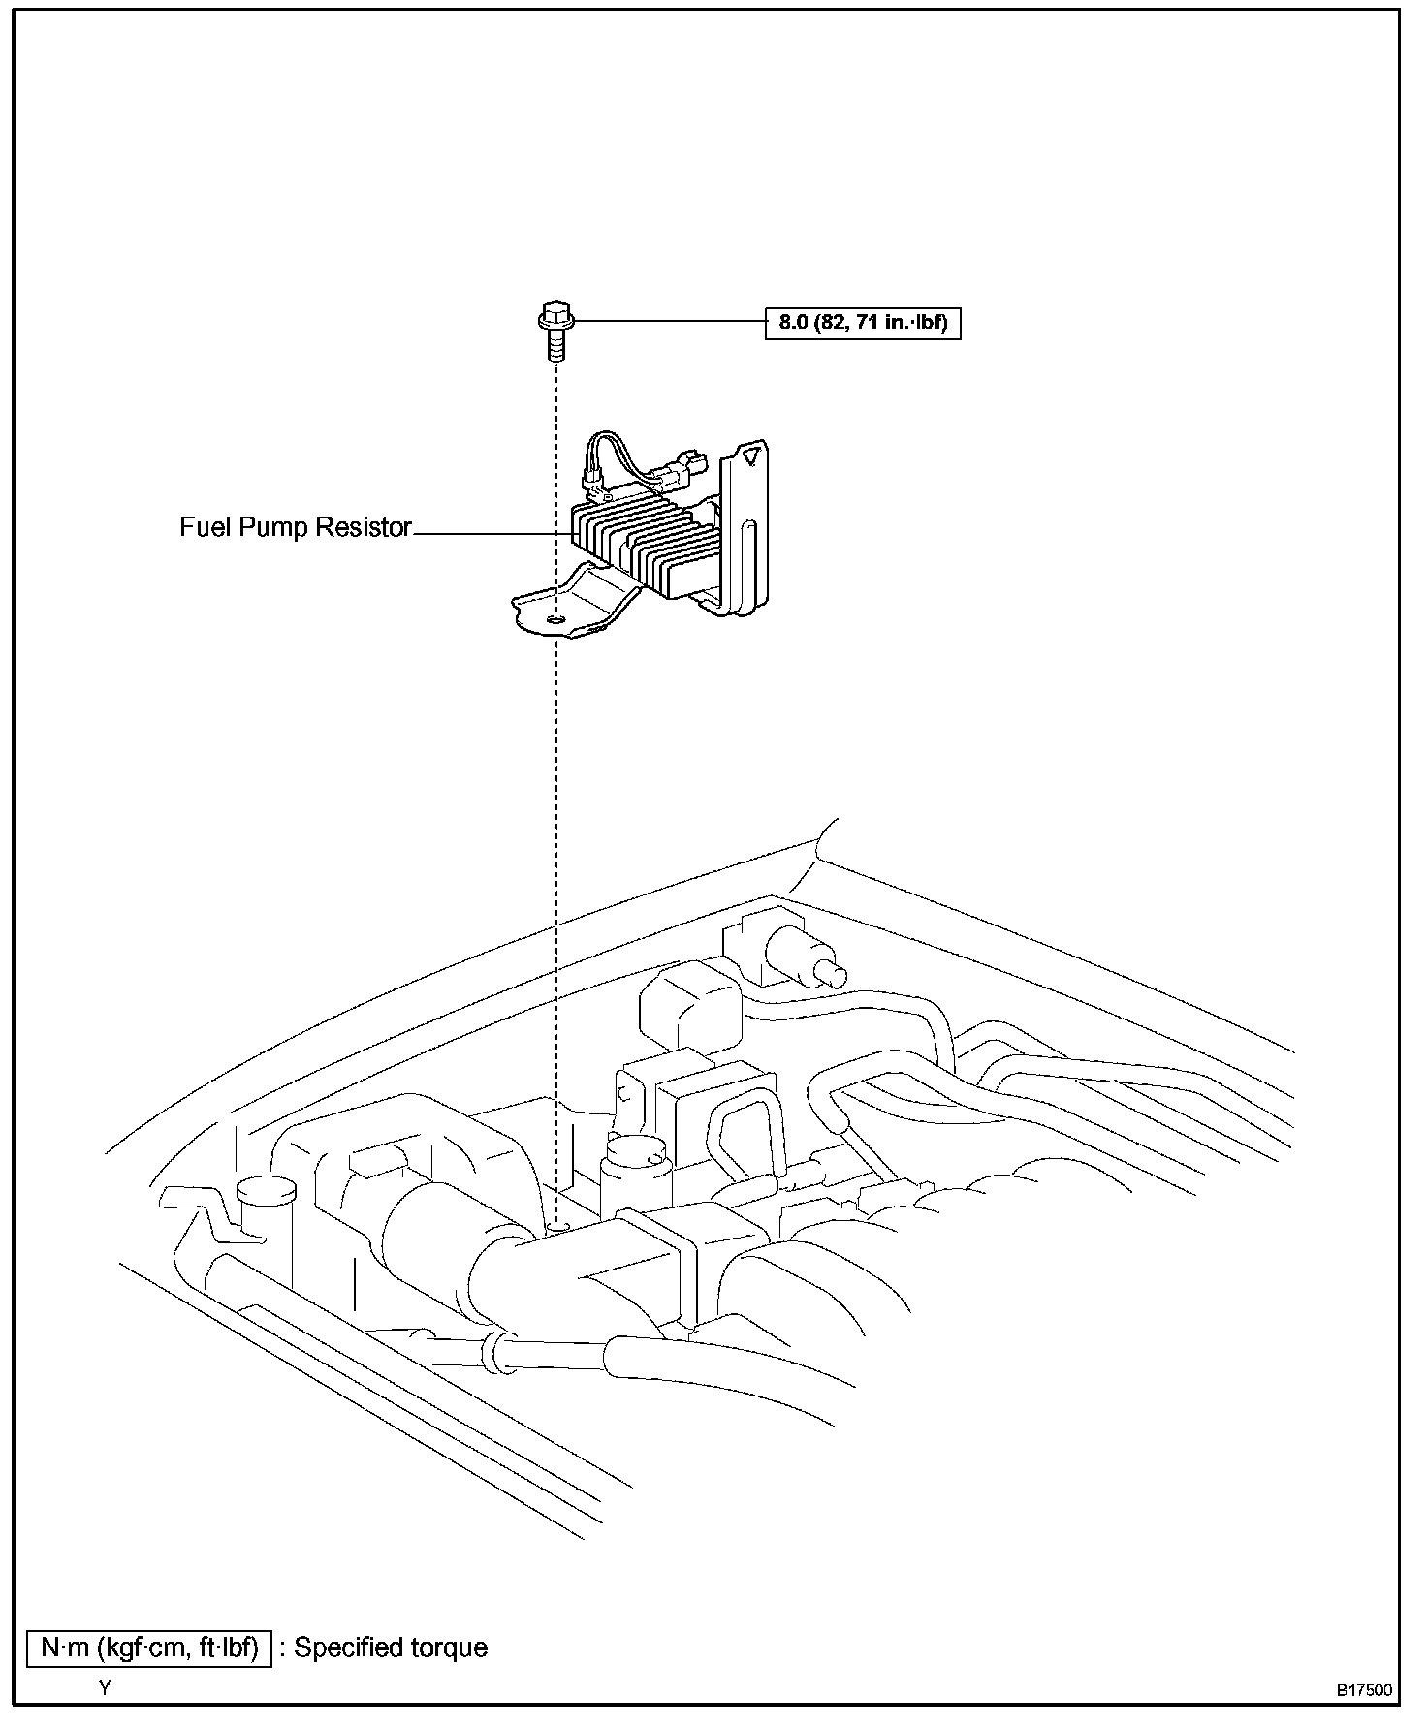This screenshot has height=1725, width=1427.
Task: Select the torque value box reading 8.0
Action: (863, 323)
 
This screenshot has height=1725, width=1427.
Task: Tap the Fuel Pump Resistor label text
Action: (296, 528)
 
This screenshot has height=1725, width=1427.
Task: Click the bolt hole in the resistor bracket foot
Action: (555, 618)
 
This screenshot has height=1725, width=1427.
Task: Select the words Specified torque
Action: (391, 1647)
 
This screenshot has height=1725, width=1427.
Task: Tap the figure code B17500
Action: (1365, 1690)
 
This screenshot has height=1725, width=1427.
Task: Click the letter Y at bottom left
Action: (106, 1687)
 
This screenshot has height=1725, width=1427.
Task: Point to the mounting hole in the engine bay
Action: (557, 1228)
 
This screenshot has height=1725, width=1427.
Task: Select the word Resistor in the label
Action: (366, 528)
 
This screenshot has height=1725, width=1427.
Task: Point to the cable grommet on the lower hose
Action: (499, 1350)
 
